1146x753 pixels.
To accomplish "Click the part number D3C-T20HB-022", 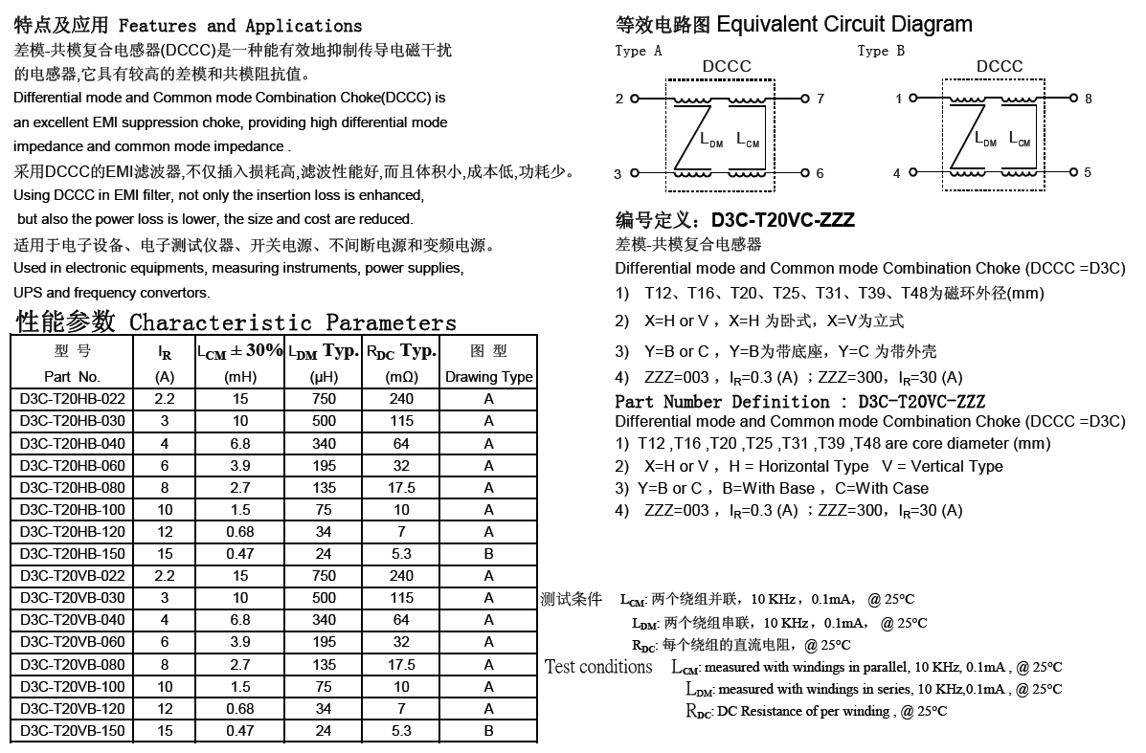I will (72, 399).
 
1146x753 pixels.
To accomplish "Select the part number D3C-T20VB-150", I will (72, 731).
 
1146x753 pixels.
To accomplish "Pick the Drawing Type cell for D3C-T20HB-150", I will (488, 554).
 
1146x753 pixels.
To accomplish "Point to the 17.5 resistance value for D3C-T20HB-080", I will (401, 487).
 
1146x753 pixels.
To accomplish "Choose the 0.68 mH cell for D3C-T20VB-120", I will (240, 709).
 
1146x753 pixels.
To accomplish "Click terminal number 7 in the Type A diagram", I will (820, 99).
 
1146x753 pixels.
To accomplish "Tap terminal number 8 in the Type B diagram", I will (1088, 99).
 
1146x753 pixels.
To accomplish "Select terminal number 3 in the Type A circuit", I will (618, 174).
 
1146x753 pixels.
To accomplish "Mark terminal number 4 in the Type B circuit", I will (897, 174).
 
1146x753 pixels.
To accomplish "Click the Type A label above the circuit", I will (639, 52).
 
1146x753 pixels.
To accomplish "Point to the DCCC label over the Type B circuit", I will (1000, 67).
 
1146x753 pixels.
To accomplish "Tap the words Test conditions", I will (598, 667).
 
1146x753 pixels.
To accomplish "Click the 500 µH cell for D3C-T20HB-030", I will (325, 421).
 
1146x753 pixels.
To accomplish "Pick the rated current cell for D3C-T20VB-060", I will (165, 642).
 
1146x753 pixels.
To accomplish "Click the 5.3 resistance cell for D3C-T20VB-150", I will (401, 731).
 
